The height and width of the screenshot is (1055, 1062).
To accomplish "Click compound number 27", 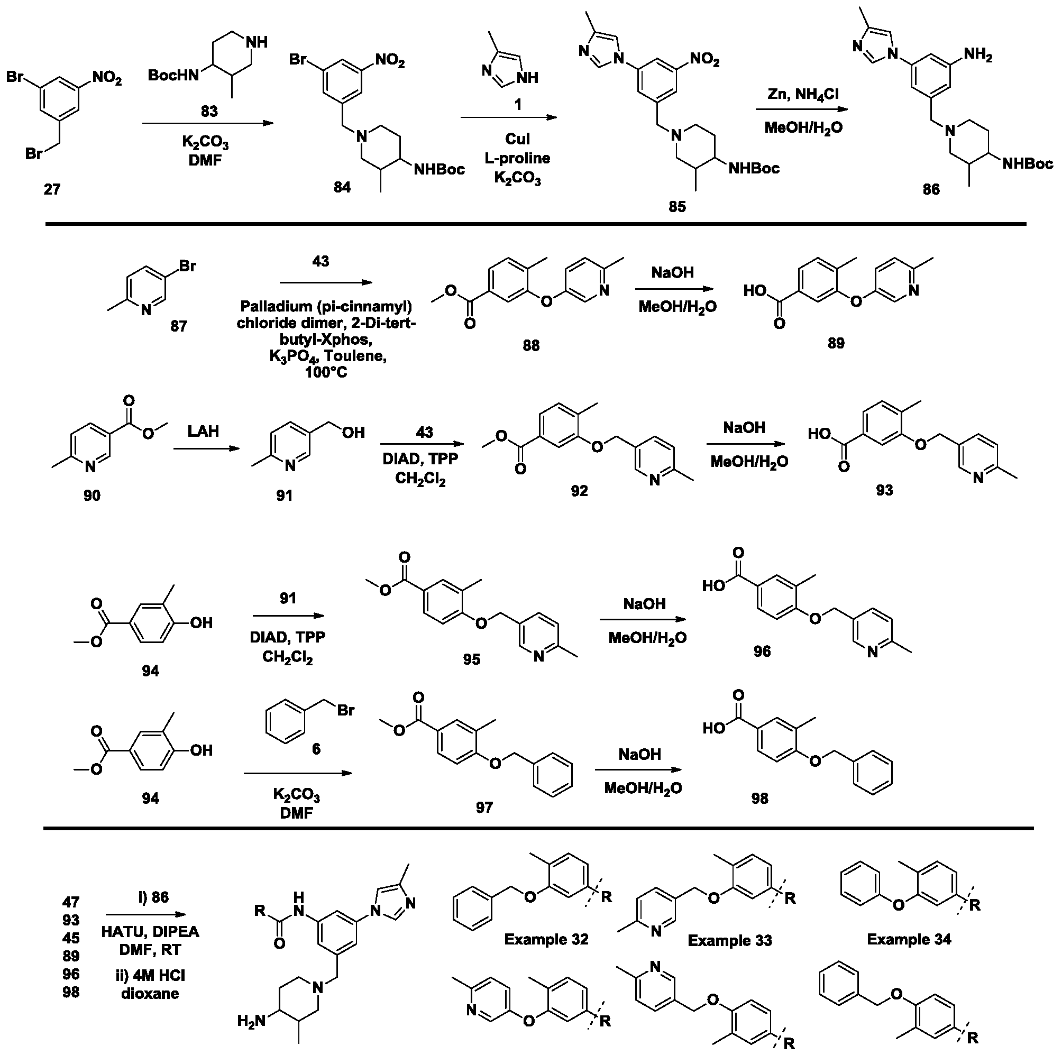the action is click(x=52, y=189).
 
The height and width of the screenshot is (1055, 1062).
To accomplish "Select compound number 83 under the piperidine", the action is click(x=209, y=111).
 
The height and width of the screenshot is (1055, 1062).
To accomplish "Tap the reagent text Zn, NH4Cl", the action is click(x=803, y=95).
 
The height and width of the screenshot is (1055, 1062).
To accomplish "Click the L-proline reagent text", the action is click(x=517, y=158).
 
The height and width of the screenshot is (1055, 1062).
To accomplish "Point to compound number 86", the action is click(x=931, y=189).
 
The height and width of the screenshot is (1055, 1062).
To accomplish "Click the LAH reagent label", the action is click(x=204, y=431).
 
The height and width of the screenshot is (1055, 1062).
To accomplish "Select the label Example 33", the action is click(x=730, y=941).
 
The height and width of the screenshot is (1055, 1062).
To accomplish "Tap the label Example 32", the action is click(x=546, y=939).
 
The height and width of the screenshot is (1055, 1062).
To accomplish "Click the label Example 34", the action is click(x=909, y=939).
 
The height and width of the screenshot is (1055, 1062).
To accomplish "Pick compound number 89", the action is click(x=836, y=343).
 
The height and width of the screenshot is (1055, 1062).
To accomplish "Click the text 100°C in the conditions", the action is click(x=326, y=372).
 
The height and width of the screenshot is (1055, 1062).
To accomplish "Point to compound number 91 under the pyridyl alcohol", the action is click(x=284, y=496).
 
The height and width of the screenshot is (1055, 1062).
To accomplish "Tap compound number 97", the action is click(x=484, y=807).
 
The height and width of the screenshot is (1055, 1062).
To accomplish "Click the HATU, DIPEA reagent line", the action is click(x=150, y=932).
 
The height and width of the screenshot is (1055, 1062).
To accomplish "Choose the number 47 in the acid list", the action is click(x=71, y=902).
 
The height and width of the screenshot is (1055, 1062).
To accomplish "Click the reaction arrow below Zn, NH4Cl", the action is click(x=801, y=110).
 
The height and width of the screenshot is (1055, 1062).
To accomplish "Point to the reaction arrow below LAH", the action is click(x=207, y=448).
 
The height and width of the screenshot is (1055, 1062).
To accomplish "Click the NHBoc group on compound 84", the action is click(x=439, y=169).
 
